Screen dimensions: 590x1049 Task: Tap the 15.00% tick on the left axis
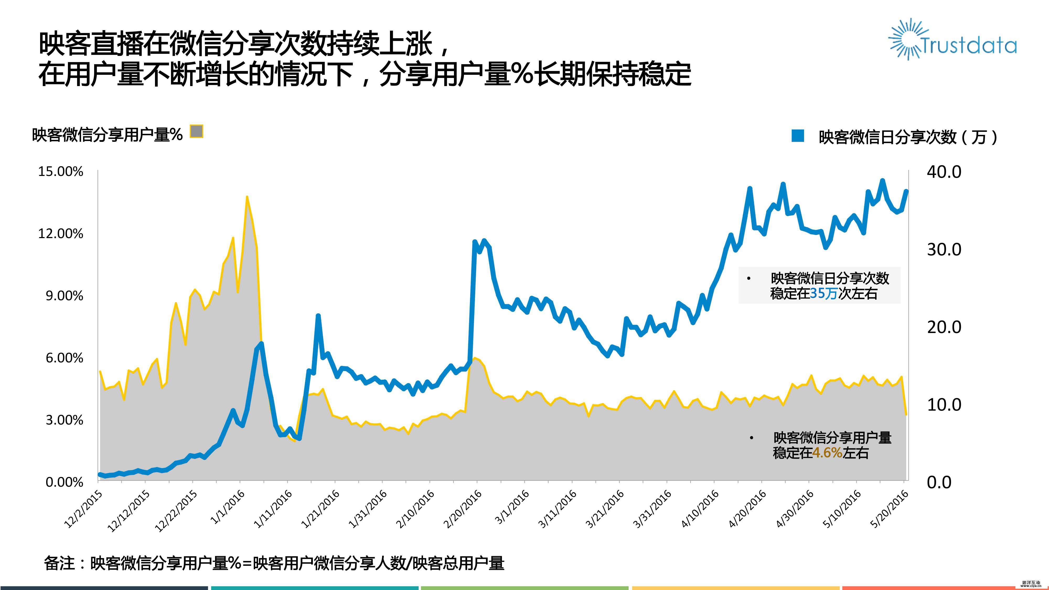[61, 171]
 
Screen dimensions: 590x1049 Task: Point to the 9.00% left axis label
[64, 296]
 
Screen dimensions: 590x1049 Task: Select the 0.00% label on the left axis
[64, 482]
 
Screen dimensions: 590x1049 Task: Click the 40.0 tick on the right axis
[944, 172]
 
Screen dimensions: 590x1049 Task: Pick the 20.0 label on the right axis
[944, 327]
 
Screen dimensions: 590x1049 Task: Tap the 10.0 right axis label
[944, 405]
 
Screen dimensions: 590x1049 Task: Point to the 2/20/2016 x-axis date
[463, 509]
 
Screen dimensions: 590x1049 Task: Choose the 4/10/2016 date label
[700, 509]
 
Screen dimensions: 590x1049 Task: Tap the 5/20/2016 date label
[889, 509]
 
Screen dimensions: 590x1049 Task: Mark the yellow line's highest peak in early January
[247, 197]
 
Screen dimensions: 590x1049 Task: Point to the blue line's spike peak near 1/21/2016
[318, 315]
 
